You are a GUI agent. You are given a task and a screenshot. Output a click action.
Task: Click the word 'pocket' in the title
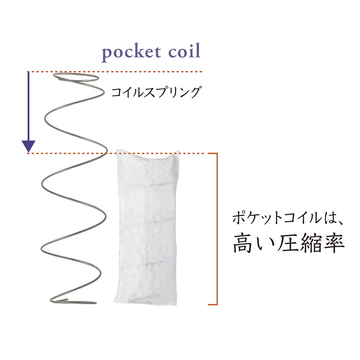click(x=131, y=53)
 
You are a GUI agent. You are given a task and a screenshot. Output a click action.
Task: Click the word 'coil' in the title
click(x=184, y=50)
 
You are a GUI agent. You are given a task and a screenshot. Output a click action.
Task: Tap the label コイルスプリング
click(x=156, y=92)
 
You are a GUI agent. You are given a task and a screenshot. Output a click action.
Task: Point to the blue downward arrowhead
click(x=28, y=146)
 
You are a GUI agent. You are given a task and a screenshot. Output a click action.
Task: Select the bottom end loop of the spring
click(x=73, y=301)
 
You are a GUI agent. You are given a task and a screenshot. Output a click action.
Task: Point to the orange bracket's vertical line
click(x=217, y=229)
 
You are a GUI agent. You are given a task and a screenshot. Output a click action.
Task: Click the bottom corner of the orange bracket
click(x=217, y=305)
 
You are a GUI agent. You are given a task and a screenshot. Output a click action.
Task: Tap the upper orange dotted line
click(x=115, y=72)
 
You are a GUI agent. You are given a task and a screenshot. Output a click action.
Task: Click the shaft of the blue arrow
click(x=28, y=107)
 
